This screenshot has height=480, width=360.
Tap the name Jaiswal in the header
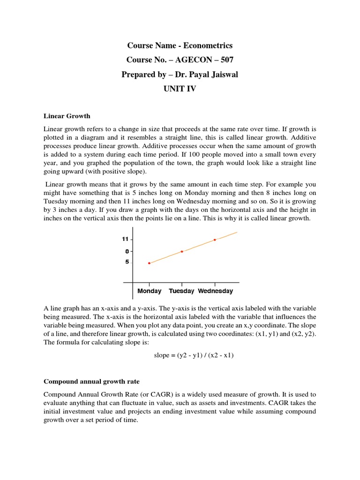coord(219,75)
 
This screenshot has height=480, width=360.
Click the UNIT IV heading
coord(180,89)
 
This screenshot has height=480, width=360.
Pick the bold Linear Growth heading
coord(67,116)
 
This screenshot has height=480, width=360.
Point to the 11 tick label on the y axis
coord(125,239)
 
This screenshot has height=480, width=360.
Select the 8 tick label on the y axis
coord(126,251)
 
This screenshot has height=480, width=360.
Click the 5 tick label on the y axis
coord(126,262)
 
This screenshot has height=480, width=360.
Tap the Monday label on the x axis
coord(149,291)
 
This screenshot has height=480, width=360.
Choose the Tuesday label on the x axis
coord(181,291)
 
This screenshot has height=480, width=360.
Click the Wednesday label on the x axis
coord(215,291)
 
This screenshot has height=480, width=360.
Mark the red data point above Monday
coord(149,263)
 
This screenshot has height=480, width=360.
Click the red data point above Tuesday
coord(182,252)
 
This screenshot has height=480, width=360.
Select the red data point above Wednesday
coord(215,240)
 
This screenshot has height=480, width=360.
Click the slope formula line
coord(194,355)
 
